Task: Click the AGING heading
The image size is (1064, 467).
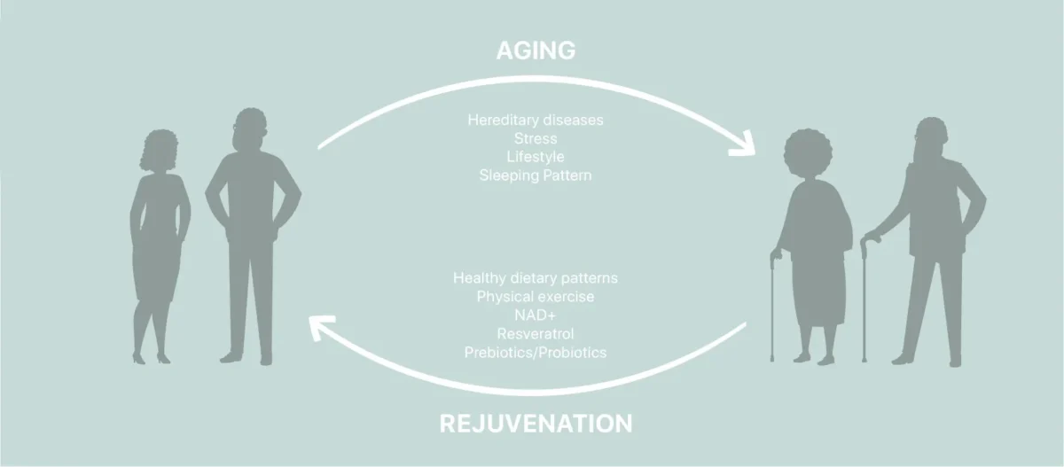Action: (x=536, y=51)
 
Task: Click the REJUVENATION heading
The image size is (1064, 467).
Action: (x=536, y=424)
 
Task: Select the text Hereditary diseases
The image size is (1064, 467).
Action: (x=536, y=120)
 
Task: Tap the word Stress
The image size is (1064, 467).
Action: (x=536, y=138)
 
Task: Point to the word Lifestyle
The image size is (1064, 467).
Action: (x=536, y=157)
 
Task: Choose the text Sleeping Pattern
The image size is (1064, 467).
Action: (x=536, y=175)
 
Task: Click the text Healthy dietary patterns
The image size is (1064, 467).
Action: (x=536, y=277)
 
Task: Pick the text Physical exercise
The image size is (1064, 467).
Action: (x=536, y=296)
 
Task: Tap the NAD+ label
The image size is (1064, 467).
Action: (x=536, y=315)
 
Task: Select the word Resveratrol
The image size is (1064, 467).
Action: (x=536, y=334)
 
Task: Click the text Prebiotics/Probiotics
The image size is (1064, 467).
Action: (x=536, y=352)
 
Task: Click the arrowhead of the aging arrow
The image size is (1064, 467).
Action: (x=744, y=144)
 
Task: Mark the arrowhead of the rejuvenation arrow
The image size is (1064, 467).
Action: (x=321, y=327)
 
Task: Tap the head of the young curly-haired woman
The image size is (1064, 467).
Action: (x=159, y=150)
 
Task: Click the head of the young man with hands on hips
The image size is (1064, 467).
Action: (x=250, y=129)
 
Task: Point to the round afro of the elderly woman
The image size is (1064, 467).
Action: (x=808, y=152)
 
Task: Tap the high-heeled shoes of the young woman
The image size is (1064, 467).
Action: (x=151, y=358)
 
